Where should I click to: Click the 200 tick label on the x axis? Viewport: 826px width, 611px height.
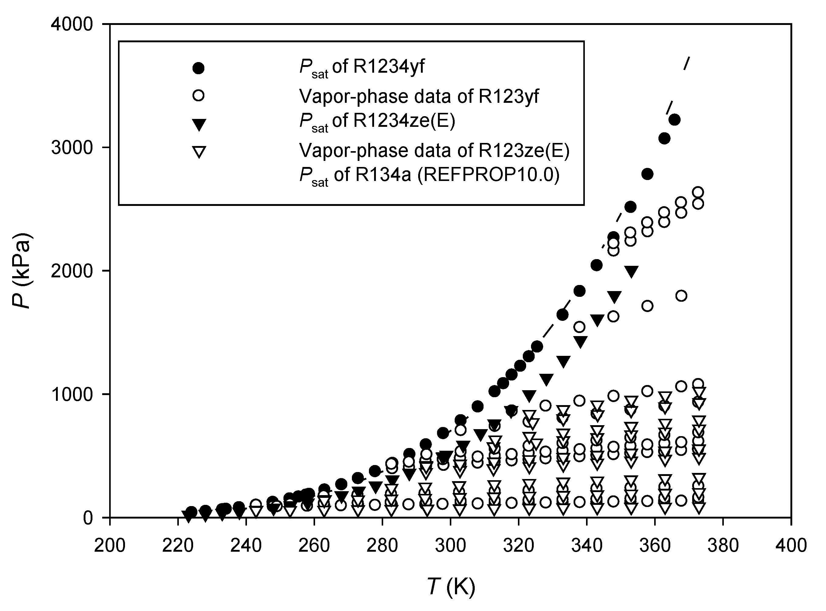click(110, 546)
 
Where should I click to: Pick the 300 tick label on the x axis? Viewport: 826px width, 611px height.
click(450, 546)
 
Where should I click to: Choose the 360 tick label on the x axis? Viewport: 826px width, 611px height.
click(655, 546)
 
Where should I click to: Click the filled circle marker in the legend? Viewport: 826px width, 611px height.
click(199, 68)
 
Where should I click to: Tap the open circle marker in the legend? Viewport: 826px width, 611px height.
click(199, 95)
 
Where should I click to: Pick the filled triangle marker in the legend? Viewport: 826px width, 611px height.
click(199, 124)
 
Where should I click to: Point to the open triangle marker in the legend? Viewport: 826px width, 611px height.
click(199, 152)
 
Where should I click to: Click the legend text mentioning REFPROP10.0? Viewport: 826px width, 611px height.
click(429, 175)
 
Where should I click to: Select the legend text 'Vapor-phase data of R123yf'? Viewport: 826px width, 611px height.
click(418, 96)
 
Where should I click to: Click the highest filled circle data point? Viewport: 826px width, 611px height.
click(675, 120)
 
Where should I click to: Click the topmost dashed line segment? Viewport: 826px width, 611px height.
click(687, 63)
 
